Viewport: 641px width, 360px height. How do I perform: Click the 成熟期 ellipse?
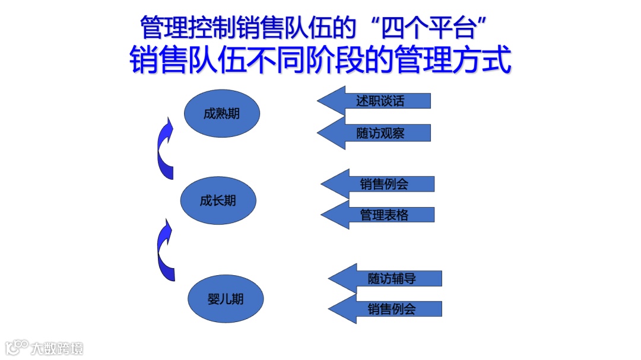click(221, 113)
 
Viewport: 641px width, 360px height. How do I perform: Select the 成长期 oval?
click(218, 200)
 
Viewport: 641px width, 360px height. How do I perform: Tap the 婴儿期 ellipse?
click(225, 299)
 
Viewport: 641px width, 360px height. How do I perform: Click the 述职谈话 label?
click(380, 101)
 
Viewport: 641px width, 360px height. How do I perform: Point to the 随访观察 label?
click(380, 133)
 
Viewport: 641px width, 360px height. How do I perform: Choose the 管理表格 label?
click(384, 215)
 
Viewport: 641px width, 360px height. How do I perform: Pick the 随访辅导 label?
click(392, 278)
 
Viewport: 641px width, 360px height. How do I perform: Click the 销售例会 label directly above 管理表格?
click(384, 184)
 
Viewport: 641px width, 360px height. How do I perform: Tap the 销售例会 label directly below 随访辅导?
click(392, 309)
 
